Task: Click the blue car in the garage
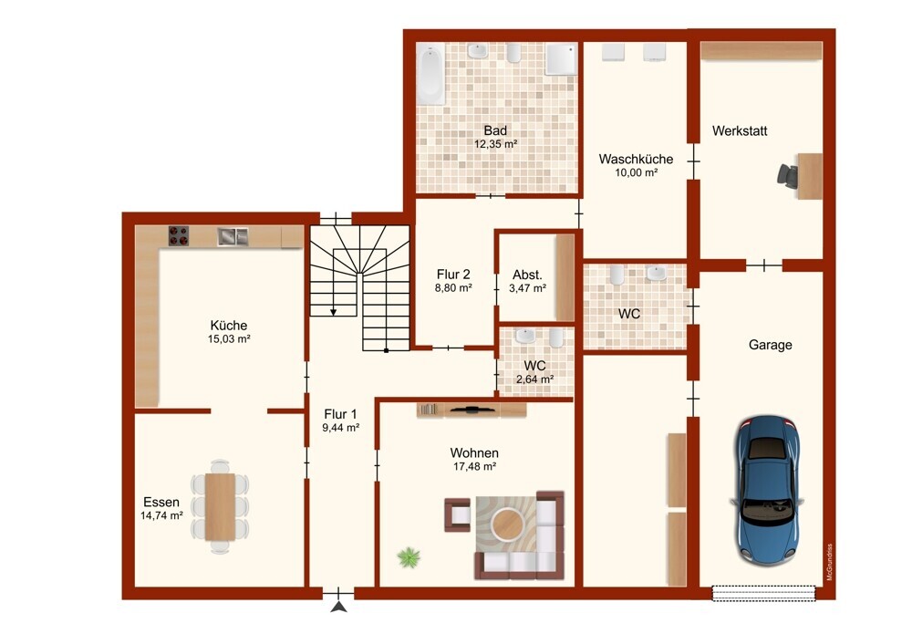click(767, 491)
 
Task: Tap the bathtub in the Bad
click(431, 76)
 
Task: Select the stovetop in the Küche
click(179, 235)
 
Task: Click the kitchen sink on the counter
click(233, 236)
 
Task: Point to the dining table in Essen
click(221, 506)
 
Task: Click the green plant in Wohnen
click(409, 557)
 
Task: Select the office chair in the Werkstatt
click(788, 176)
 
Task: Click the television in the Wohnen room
click(472, 410)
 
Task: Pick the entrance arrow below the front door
click(339, 608)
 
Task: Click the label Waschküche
click(636, 159)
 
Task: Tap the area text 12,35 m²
click(495, 144)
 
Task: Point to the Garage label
click(770, 345)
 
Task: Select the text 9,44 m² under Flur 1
click(341, 428)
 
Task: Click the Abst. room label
click(527, 275)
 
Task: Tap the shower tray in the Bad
click(561, 58)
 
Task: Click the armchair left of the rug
click(458, 514)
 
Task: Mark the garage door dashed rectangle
click(764, 594)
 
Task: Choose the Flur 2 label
click(453, 274)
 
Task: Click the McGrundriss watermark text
click(830, 562)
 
